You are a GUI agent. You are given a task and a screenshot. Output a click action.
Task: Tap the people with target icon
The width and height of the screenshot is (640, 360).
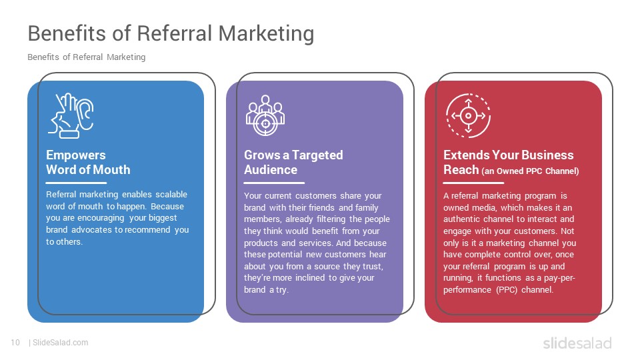tap(265, 115)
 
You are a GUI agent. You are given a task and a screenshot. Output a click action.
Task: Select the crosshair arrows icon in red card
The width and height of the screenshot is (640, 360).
tap(468, 115)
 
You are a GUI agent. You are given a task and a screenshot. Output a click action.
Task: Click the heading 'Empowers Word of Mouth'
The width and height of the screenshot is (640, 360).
tap(88, 162)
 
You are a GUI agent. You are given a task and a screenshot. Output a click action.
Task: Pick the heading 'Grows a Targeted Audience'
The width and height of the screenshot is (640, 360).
tap(293, 162)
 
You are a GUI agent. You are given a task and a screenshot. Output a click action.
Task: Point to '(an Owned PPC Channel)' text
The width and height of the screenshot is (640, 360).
tap(530, 171)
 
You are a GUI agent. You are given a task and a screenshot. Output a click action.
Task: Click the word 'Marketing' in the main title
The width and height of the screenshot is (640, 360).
tap(266, 33)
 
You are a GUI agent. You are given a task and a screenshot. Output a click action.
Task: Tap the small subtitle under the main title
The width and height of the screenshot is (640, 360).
tap(87, 57)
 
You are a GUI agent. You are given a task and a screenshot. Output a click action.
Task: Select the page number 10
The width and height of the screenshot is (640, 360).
tap(15, 343)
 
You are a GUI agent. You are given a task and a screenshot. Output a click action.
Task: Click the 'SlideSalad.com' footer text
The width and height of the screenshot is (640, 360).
tap(61, 343)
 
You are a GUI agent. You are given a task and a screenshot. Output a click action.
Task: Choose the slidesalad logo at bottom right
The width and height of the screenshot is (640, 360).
tap(577, 343)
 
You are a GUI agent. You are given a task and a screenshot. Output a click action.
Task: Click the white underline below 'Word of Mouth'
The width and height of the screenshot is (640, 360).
tap(76, 183)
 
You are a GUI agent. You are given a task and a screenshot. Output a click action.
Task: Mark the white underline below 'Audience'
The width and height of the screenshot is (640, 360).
tap(274, 183)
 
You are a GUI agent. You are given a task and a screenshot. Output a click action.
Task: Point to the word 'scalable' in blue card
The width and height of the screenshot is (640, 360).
tap(171, 194)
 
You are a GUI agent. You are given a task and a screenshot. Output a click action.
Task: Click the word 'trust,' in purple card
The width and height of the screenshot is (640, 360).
tap(373, 267)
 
